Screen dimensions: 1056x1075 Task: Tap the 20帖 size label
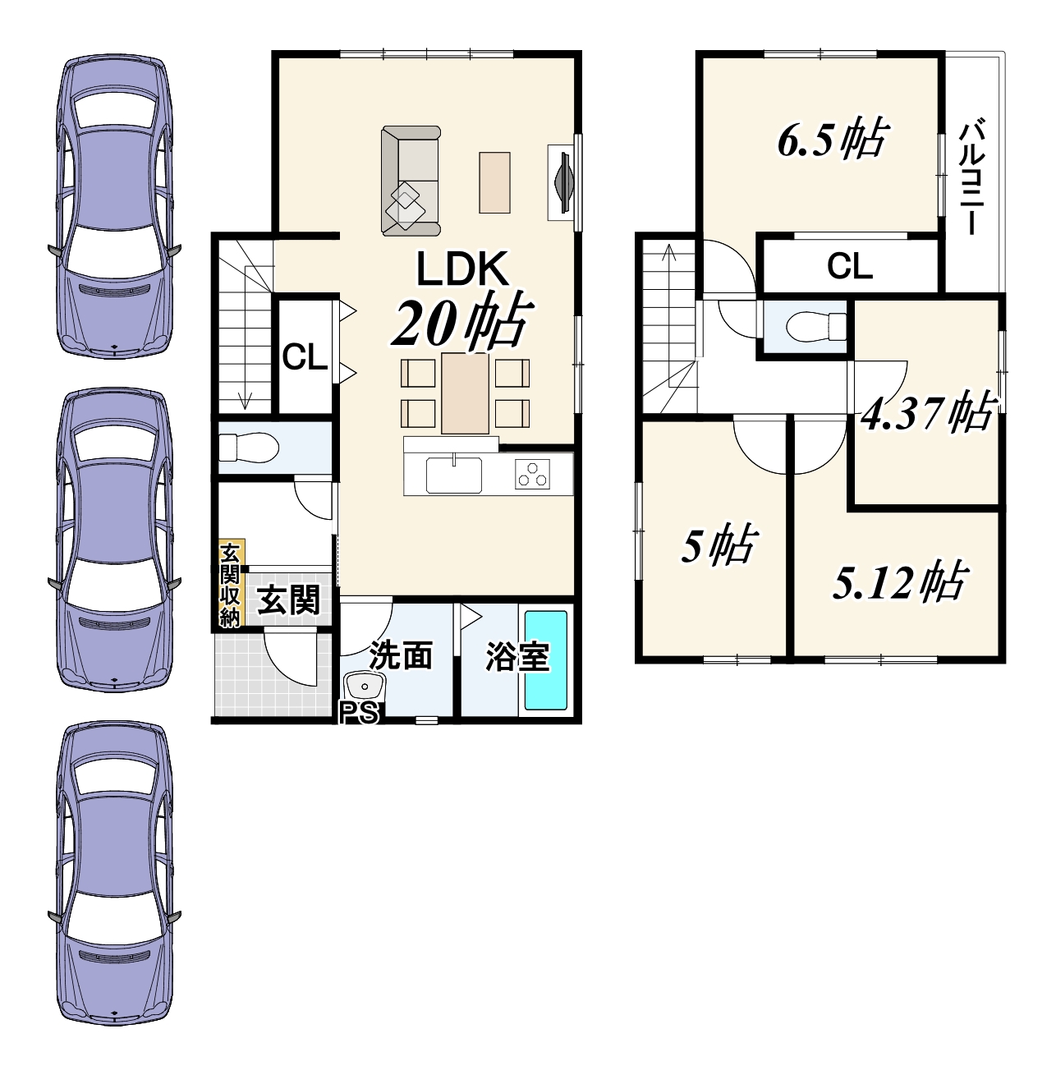click(x=461, y=322)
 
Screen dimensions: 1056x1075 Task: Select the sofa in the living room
click(x=411, y=181)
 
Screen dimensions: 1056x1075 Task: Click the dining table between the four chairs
click(x=466, y=393)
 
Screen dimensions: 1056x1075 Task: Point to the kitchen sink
click(x=454, y=475)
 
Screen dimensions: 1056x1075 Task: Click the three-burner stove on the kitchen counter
click(x=532, y=474)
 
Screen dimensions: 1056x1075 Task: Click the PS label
click(x=360, y=713)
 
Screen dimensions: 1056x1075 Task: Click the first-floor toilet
click(x=248, y=448)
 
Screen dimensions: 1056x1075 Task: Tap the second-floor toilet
click(x=817, y=326)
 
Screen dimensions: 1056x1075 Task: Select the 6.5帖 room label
click(x=831, y=140)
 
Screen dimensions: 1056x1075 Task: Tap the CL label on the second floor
click(x=850, y=266)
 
